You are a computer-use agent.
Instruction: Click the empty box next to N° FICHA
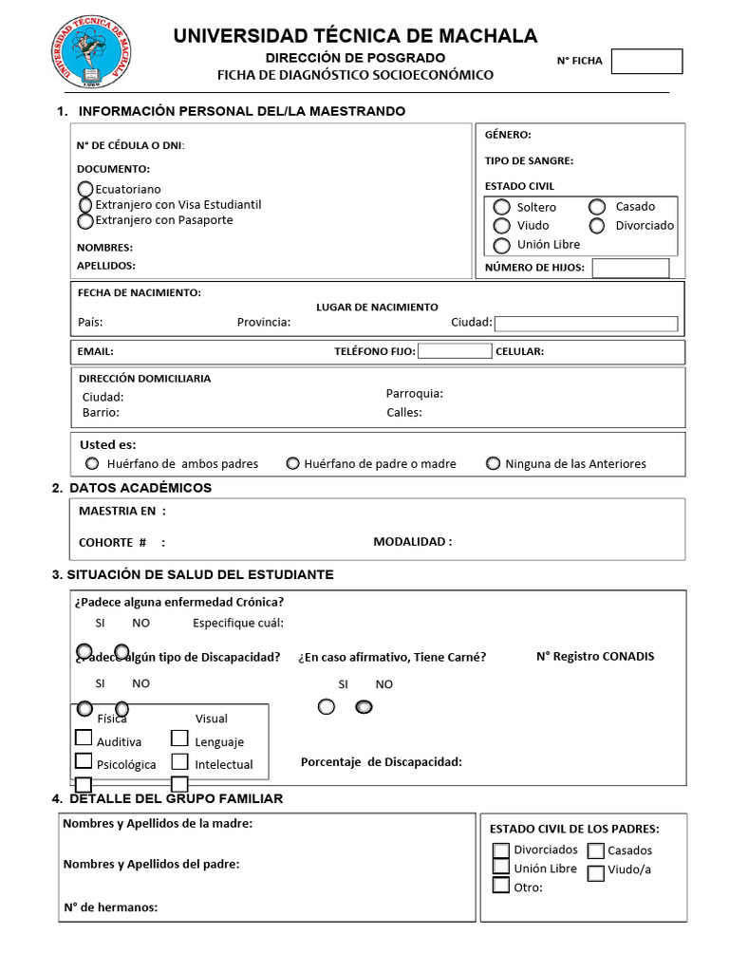coord(646,62)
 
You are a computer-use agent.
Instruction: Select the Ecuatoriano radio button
coord(85,189)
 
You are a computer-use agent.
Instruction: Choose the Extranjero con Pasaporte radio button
coord(85,220)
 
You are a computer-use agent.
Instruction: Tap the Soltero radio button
coord(502,207)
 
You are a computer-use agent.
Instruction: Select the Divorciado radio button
coord(597,226)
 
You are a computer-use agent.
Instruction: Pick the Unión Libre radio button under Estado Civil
coord(502,245)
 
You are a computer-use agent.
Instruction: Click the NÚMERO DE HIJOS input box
coord(630,268)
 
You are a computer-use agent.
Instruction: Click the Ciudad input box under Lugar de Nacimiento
coord(586,323)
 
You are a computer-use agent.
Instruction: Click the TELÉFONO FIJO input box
coord(455,351)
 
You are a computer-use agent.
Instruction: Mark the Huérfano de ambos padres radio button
coord(92,463)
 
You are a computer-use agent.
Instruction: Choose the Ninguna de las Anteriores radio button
coord(493,463)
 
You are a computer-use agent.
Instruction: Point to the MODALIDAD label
coord(412,542)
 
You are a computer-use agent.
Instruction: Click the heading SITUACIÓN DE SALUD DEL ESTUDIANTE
coord(193,575)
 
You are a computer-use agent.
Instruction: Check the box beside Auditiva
coord(84,738)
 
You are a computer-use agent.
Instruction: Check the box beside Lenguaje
coord(179,738)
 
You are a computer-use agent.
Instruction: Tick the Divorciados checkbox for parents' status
coord(501,850)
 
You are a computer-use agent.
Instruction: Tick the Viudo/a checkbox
coord(595,873)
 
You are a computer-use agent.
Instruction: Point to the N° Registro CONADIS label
coord(594,656)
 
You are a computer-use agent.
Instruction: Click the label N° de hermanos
coord(110,907)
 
